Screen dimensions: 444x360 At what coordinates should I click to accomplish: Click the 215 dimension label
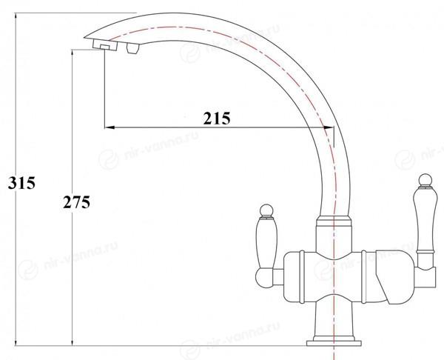[x=217, y=119]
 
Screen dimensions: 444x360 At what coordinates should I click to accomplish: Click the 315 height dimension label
[x=21, y=183]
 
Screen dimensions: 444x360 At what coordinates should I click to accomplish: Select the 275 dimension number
[x=76, y=202]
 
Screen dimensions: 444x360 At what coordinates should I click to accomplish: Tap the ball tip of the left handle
[x=266, y=210]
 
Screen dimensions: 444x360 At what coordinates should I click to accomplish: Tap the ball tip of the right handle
[x=425, y=180]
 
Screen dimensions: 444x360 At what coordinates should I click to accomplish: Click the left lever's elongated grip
[x=266, y=243]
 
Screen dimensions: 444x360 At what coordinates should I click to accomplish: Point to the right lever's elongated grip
[x=423, y=220]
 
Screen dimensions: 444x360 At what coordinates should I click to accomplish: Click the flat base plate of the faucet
[x=334, y=343]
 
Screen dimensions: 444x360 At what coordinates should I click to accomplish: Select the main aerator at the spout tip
[x=105, y=45]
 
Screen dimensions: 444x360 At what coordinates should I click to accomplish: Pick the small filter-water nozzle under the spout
[x=133, y=48]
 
